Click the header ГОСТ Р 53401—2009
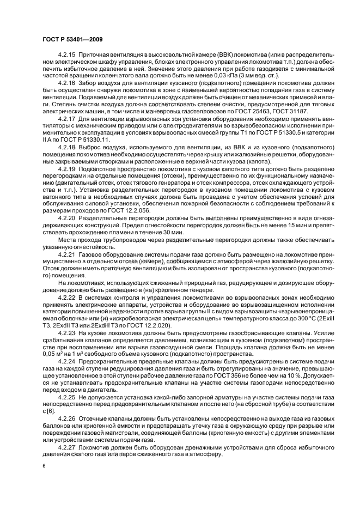pyautogui.click(x=70, y=39)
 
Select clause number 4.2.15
pyautogui.click(x=67, y=56)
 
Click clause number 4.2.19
pyautogui.click(x=67, y=169)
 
